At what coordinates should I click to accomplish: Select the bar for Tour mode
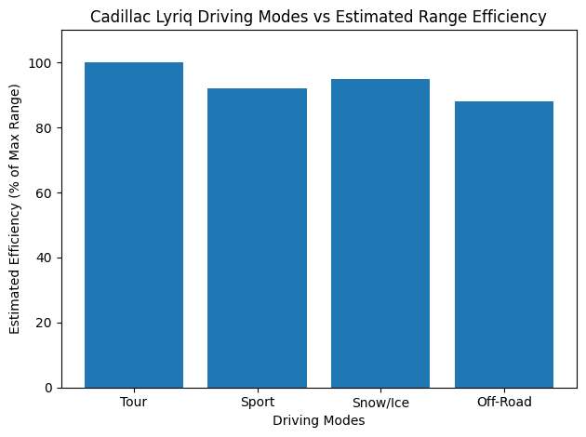click(134, 225)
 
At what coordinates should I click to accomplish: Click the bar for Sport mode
click(257, 238)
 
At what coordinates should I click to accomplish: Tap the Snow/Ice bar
click(380, 233)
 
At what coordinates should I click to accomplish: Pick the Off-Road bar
click(504, 245)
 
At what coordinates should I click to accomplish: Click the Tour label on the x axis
click(134, 403)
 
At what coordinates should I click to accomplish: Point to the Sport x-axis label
click(257, 403)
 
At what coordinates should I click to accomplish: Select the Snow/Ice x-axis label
click(380, 403)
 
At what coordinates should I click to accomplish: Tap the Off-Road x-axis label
click(504, 403)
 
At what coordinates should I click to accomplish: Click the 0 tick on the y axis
click(49, 388)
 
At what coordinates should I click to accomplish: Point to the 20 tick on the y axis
click(46, 323)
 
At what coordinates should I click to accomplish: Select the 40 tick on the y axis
click(46, 258)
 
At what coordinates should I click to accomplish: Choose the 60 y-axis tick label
click(46, 193)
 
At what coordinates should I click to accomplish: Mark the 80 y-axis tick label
click(46, 128)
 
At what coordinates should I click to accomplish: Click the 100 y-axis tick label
click(43, 63)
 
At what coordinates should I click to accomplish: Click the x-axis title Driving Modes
click(318, 421)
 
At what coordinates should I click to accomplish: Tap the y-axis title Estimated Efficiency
click(15, 209)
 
